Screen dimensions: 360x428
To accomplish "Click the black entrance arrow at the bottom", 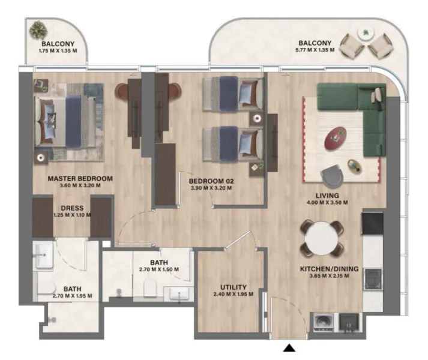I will click(289, 348).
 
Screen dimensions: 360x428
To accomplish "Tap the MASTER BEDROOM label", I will click(80, 179).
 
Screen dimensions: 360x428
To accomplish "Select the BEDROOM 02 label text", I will click(210, 181).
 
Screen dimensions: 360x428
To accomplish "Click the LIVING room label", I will click(328, 196).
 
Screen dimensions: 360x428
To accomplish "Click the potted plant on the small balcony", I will click(40, 29).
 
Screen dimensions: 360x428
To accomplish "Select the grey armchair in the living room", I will click(333, 176).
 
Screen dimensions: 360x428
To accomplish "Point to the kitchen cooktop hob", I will click(372, 278).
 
